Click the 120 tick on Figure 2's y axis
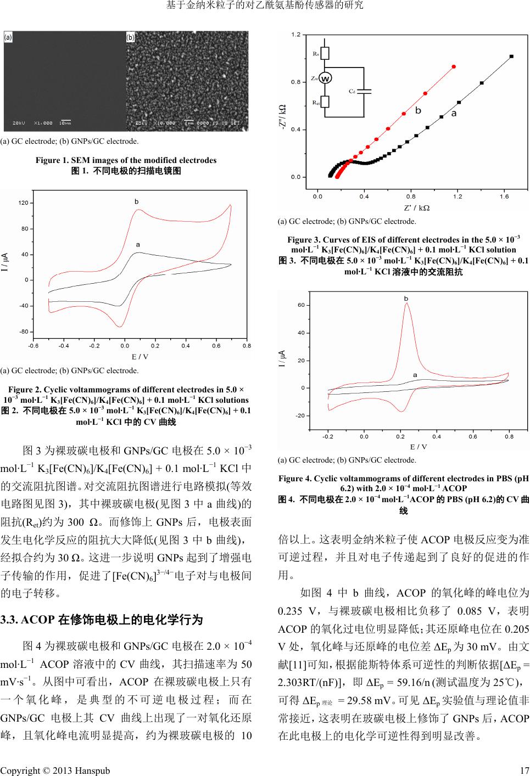[x=23, y=203]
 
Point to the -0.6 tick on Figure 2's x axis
[x=34, y=346]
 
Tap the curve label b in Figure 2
[x=137, y=202]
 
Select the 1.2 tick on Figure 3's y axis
[x=295, y=35]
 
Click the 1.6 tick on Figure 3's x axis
[x=504, y=196]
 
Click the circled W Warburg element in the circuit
[x=325, y=78]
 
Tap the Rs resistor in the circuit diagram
[x=325, y=53]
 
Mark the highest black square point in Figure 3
[x=511, y=56]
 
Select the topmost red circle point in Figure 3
[x=454, y=66]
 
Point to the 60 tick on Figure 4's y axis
[x=301, y=305]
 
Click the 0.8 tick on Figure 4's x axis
[x=509, y=437]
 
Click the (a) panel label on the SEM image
[x=9, y=37]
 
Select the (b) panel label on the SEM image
[x=131, y=37]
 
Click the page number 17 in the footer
[x=524, y=771]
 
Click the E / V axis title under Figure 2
[x=140, y=357]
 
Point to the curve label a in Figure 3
[x=454, y=114]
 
